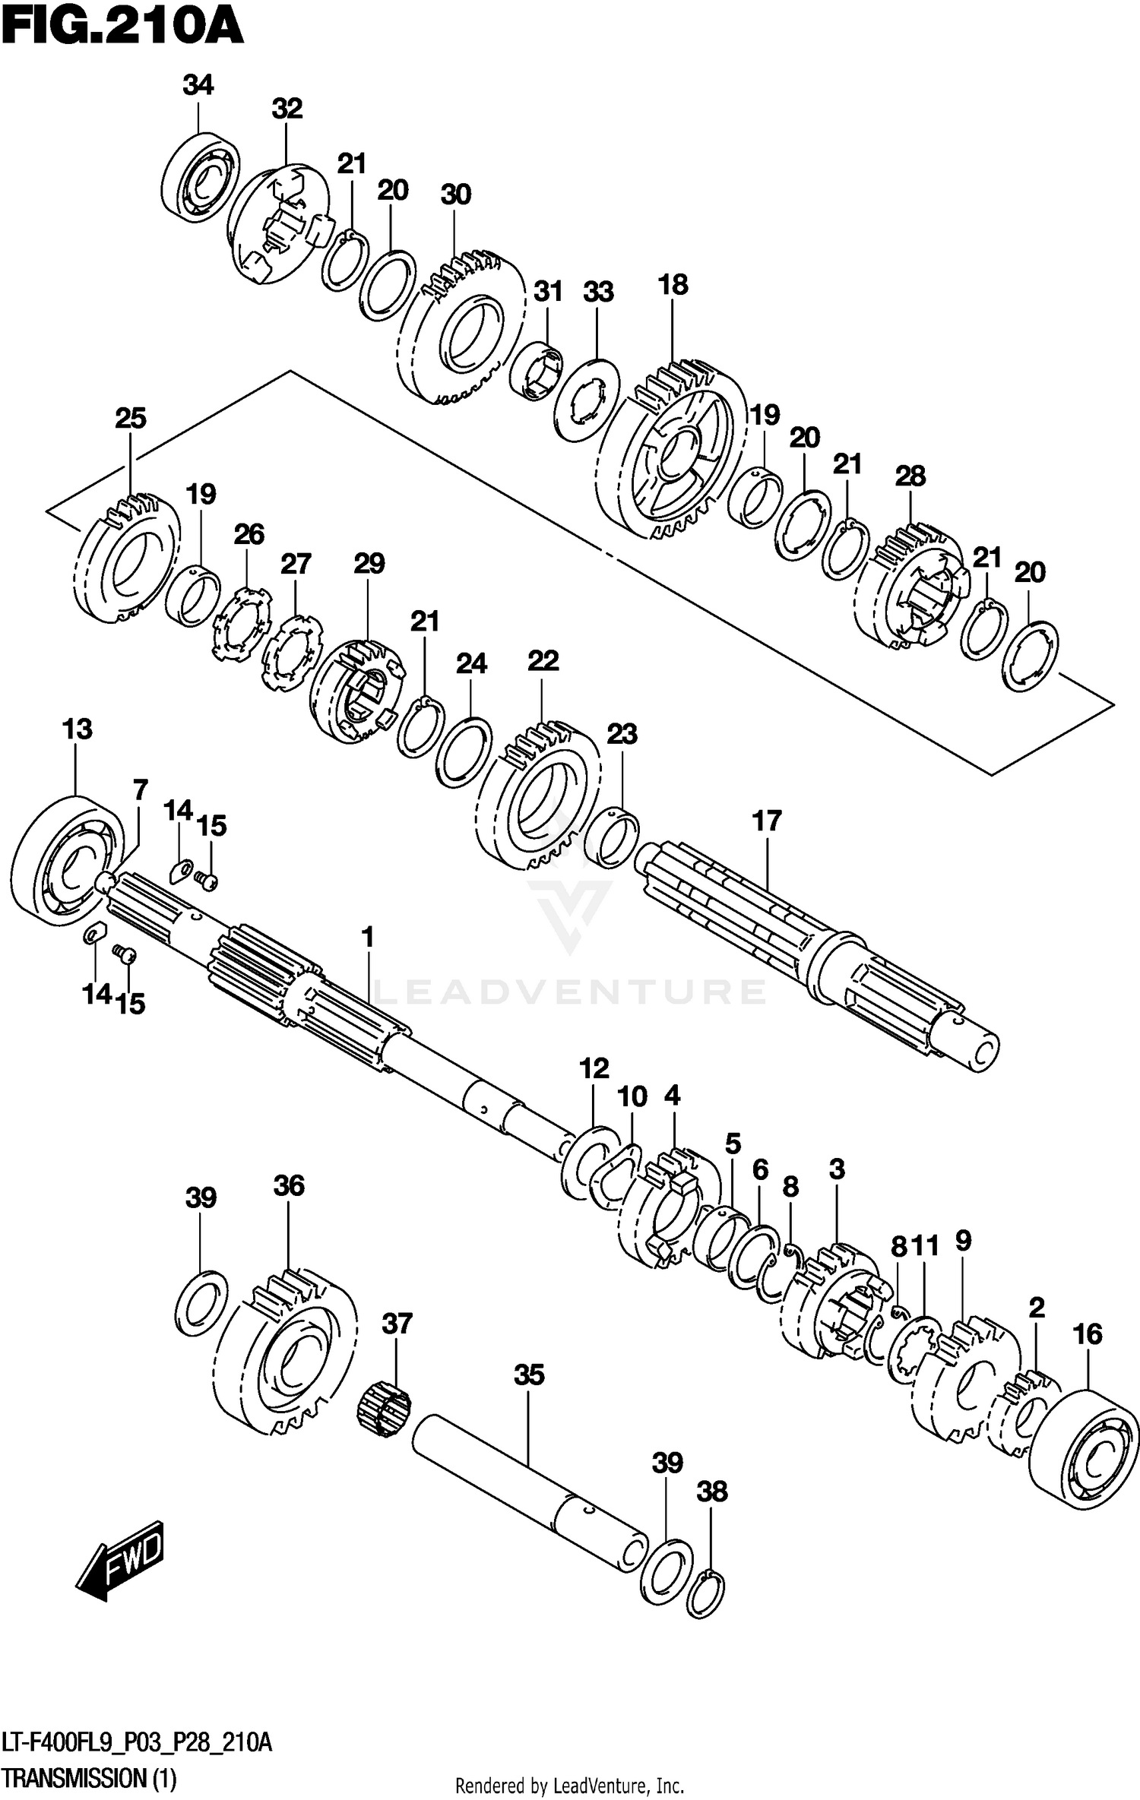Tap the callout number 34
[198, 85]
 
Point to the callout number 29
[369, 563]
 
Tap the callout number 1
[368, 938]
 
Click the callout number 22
[543, 660]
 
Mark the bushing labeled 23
[616, 840]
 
